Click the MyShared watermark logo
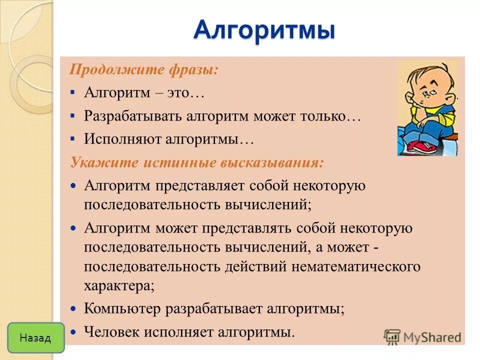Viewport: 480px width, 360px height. point(422,336)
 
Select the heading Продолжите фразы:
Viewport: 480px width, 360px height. point(143,69)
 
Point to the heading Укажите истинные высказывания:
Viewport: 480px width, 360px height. point(196,162)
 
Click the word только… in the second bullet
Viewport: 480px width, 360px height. point(327,116)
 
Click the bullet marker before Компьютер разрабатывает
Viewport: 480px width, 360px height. point(73,309)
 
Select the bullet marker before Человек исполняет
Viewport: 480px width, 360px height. point(73,331)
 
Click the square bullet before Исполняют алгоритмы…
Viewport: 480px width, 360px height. point(73,139)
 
